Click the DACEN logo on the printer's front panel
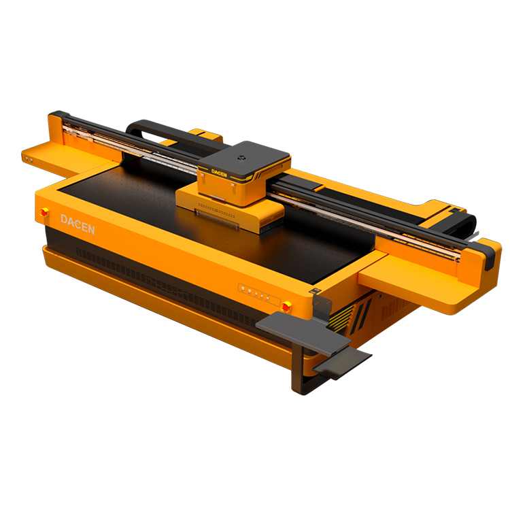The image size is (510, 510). (x=78, y=224)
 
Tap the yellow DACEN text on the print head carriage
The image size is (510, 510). (x=219, y=173)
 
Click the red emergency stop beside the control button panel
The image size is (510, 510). (x=286, y=307)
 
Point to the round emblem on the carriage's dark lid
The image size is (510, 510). (x=241, y=158)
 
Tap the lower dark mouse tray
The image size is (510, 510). (x=343, y=361)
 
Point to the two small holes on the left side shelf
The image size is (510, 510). (x=29, y=159)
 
